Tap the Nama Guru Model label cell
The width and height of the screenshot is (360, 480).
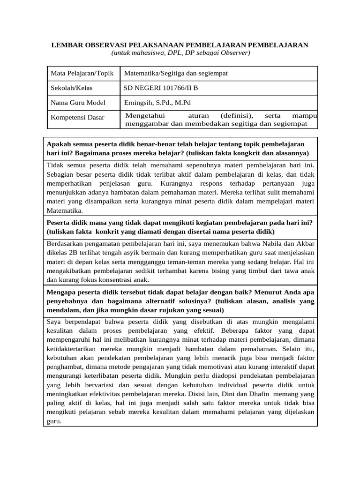(x=78, y=103)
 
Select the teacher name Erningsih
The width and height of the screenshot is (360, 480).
(x=138, y=103)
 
